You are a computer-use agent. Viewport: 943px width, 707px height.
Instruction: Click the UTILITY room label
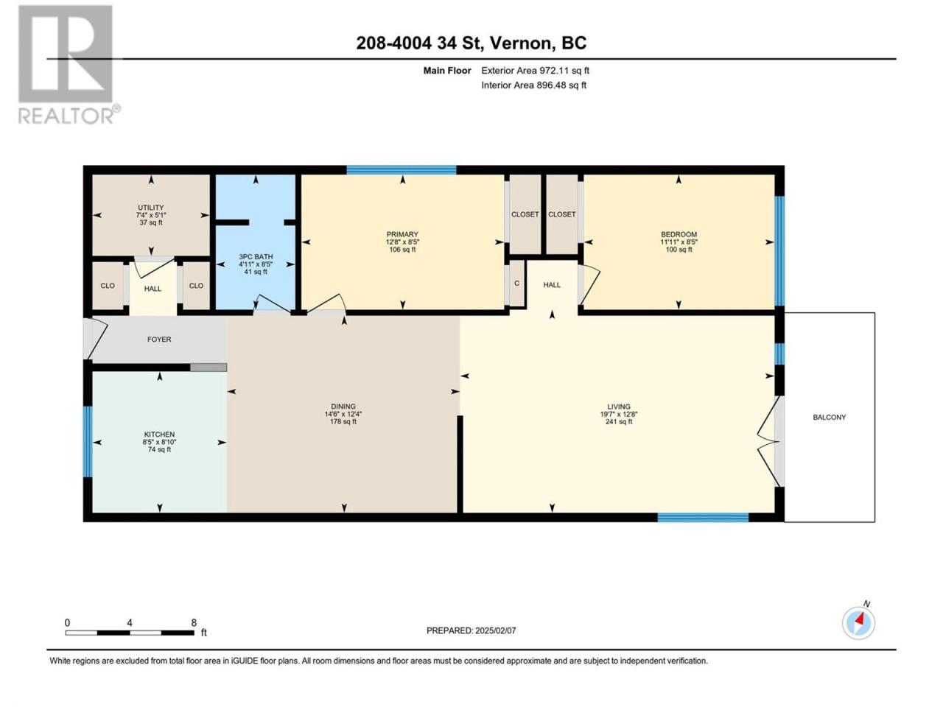[x=151, y=208]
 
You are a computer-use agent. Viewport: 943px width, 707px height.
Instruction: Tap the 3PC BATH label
[x=256, y=257]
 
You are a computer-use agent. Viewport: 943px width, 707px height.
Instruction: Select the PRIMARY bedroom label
[x=402, y=234]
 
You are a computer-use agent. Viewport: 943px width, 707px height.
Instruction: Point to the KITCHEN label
[x=159, y=435]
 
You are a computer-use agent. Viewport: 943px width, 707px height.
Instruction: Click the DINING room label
[x=343, y=406]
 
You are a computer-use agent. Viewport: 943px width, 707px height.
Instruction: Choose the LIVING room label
[x=619, y=406]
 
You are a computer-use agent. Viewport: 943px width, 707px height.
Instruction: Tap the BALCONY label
[x=829, y=417]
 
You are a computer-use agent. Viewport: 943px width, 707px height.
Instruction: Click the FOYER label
[x=159, y=339]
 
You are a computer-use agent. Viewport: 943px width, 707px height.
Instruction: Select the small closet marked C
[x=517, y=284]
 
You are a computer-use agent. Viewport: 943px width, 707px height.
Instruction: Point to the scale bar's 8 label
[x=194, y=622]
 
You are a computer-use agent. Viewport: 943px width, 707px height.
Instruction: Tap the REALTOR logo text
[x=69, y=115]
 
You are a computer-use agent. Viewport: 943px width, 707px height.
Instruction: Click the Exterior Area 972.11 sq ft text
[x=536, y=71]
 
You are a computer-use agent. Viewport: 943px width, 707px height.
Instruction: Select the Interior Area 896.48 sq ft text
[x=533, y=85]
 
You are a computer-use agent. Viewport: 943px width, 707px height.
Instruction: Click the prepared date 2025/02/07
[x=495, y=630]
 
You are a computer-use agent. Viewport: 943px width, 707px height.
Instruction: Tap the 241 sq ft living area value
[x=619, y=421]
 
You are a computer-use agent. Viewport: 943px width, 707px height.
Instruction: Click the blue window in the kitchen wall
[x=87, y=442]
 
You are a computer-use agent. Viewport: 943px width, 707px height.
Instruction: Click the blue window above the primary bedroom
[x=402, y=170]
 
